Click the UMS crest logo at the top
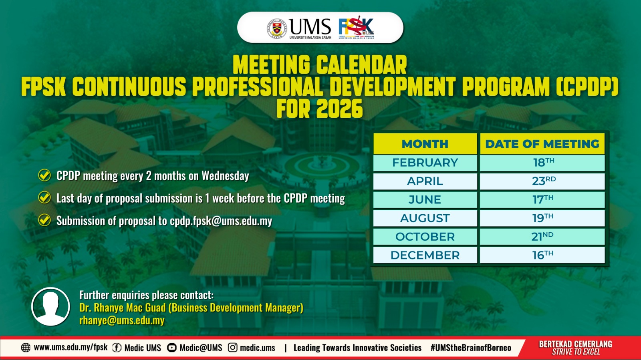(x=277, y=28)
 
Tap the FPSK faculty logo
(x=356, y=28)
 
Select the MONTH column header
(x=425, y=144)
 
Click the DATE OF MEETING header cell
(x=542, y=144)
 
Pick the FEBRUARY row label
(x=425, y=163)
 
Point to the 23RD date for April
(x=544, y=181)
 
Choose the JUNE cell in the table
(x=425, y=199)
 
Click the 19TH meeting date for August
(x=542, y=218)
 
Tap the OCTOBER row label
(x=425, y=237)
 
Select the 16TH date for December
(x=542, y=255)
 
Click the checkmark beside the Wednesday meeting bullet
(x=44, y=175)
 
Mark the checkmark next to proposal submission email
(x=44, y=220)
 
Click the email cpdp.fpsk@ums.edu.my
(x=221, y=221)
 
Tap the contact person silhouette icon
(x=50, y=306)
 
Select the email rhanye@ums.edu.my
(x=122, y=320)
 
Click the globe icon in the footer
(x=26, y=348)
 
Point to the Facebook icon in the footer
(x=117, y=348)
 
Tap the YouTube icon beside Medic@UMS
(x=172, y=348)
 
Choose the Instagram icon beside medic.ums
(x=233, y=348)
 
